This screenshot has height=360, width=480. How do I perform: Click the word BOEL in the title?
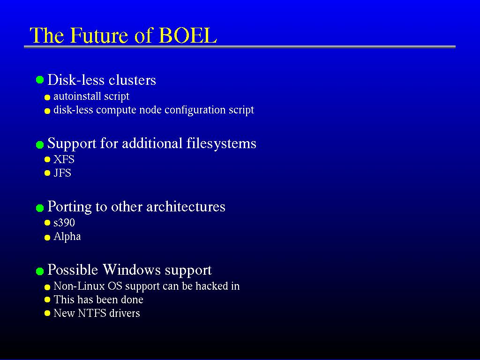coord(187,35)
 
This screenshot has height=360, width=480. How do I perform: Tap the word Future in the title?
coord(98,35)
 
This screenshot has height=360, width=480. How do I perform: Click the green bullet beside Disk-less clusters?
coord(40,80)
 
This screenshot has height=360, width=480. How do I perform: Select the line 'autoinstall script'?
coord(91,97)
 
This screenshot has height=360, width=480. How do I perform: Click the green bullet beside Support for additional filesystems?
coord(40,144)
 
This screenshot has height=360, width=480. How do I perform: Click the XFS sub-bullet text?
coord(64,159)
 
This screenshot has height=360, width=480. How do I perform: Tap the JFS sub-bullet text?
coord(62,173)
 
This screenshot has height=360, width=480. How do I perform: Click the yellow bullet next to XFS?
coord(47,159)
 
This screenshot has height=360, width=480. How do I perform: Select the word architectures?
coord(186,207)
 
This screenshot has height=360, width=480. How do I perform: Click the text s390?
coord(64,223)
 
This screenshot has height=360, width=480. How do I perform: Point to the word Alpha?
coord(67,237)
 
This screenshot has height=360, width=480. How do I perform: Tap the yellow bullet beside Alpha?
coord(47,238)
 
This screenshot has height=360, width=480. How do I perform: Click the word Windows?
coord(131,270)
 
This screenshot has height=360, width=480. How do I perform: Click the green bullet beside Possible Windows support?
coord(40,271)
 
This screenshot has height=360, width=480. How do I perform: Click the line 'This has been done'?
coord(98,300)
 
